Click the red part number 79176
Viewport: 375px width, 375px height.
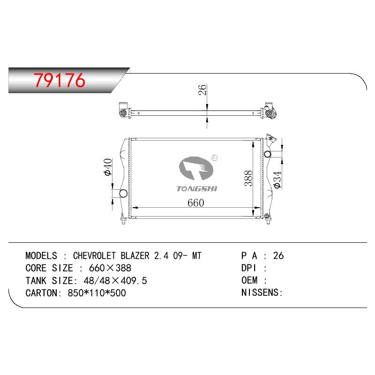tap(60, 80)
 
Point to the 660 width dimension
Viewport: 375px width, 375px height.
tap(195, 203)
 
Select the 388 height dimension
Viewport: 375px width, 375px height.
tap(248, 178)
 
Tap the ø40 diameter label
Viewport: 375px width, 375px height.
tap(108, 167)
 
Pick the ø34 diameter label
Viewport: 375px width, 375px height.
tap(277, 180)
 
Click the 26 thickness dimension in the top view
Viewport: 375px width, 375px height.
tap(202, 90)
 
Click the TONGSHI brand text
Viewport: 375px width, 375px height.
tap(196, 189)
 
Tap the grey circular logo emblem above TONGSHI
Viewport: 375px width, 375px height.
tap(196, 168)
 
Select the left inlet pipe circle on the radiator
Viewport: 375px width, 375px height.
tap(123, 193)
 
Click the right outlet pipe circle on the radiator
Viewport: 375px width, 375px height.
tap(267, 154)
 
